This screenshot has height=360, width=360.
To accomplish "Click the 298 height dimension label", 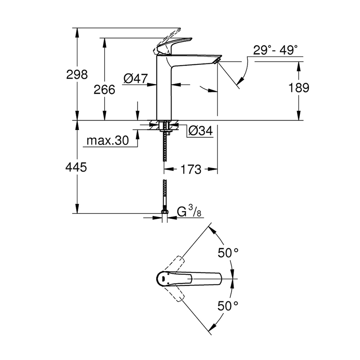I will [x=77, y=75].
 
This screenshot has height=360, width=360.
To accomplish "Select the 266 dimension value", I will [x=104, y=89].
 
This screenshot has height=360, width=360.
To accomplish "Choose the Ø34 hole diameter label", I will [x=199, y=131].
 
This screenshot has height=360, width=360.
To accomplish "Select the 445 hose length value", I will [x=77, y=167].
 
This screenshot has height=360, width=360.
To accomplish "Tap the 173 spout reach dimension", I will [x=191, y=169].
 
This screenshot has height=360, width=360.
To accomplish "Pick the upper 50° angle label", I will [x=228, y=253].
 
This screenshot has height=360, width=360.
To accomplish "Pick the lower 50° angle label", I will [x=228, y=305].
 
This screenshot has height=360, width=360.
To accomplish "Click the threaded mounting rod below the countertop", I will [x=166, y=148].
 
